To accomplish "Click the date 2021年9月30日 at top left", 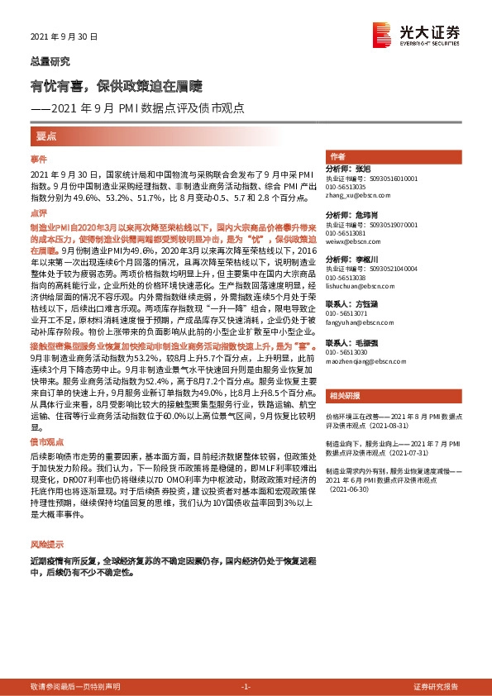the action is [x=64, y=36].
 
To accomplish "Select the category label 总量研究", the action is [x=50, y=62].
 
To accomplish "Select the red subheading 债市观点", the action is [x=46, y=444].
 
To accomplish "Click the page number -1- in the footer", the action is [x=246, y=687].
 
